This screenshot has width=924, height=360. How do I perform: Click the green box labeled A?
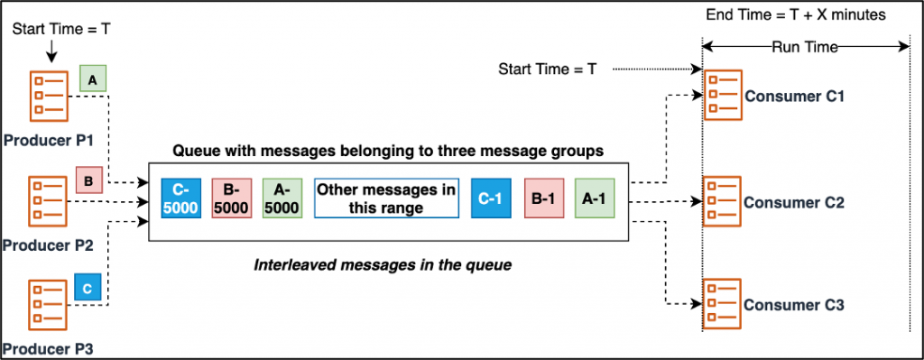(92, 79)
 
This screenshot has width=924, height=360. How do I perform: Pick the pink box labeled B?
(89, 182)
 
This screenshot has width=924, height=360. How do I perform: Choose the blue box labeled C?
(88, 289)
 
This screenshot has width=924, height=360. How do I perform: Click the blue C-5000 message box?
(180, 197)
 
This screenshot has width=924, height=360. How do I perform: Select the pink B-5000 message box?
(232, 197)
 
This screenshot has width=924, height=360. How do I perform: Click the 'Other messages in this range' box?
(386, 197)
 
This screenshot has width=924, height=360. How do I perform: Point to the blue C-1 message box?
(491, 197)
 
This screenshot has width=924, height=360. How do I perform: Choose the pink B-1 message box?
(542, 197)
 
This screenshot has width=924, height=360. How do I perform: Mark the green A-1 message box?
(594, 197)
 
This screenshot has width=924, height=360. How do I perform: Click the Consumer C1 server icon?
(722, 95)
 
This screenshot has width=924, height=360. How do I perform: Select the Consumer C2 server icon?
(722, 201)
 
